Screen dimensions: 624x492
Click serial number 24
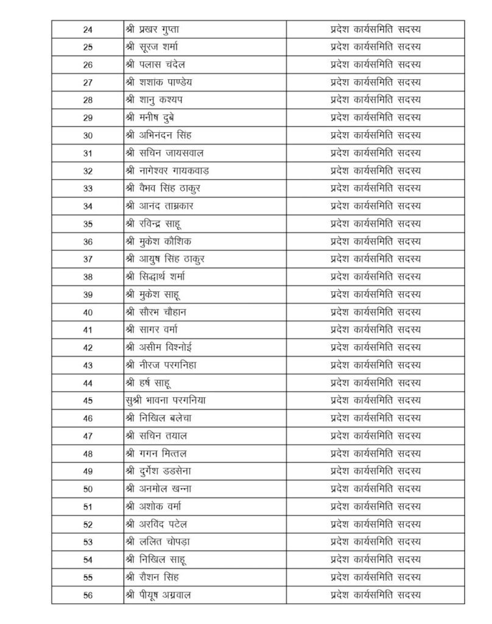tap(88, 29)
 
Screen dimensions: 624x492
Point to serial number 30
tap(88, 135)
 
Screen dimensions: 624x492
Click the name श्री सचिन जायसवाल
tap(162, 153)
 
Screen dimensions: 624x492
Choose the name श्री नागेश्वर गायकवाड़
tap(167, 171)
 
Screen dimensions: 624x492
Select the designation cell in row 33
tap(375, 188)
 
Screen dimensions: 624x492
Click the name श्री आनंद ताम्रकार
tap(159, 206)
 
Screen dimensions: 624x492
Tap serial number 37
tap(88, 259)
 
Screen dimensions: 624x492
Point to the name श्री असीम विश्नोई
tap(159, 347)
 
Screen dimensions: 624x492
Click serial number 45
tap(88, 400)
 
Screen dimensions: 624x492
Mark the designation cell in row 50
tap(375, 489)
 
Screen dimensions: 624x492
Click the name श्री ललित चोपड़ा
tap(157, 542)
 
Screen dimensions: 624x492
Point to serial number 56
tap(88, 595)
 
